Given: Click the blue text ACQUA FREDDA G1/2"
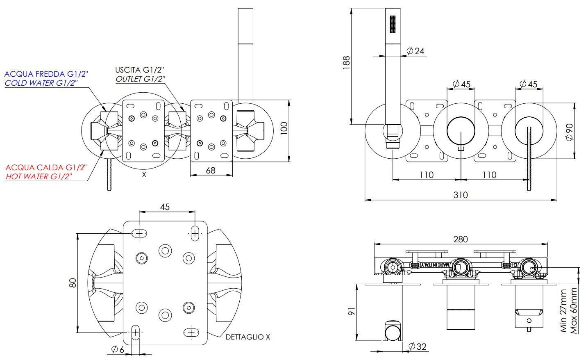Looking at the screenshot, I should click(46, 74).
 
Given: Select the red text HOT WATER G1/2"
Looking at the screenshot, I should click(39, 176).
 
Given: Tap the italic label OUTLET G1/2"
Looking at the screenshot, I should click(140, 79).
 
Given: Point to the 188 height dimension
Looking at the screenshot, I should click(346, 63).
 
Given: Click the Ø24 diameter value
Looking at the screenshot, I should click(415, 51).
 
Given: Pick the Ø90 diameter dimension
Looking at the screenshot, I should click(569, 132).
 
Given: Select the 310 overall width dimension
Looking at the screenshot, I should click(461, 194).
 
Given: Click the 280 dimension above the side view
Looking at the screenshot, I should click(461, 239).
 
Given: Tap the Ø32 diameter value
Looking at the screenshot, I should click(418, 346).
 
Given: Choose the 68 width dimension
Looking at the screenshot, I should click(211, 169).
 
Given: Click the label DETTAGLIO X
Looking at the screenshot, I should click(248, 337).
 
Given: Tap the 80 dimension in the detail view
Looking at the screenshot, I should click(73, 283).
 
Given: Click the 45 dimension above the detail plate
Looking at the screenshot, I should click(165, 207).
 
